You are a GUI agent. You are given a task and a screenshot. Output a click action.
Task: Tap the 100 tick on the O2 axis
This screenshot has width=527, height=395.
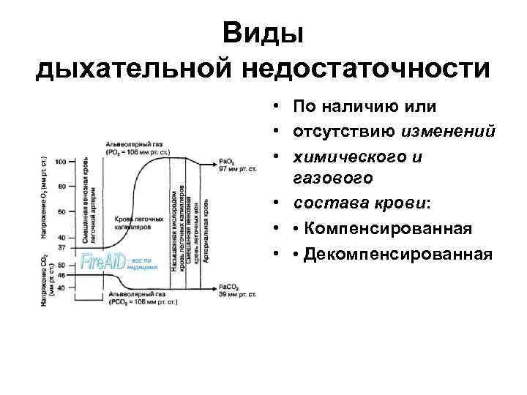coord(61,162)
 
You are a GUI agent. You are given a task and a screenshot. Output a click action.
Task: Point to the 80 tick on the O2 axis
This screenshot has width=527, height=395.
coord(62,187)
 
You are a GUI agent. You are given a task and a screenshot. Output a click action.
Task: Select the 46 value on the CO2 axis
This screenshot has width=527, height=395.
coord(62,275)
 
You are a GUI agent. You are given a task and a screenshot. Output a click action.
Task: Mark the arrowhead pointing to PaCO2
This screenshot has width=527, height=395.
coord(213,287)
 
